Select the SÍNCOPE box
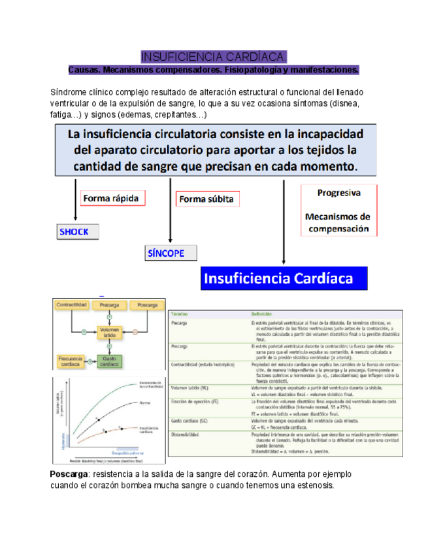tap(167, 253)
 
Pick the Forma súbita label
tap(206, 199)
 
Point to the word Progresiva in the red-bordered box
tap(338, 193)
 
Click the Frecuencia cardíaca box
tap(73, 359)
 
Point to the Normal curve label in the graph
tap(145, 403)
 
